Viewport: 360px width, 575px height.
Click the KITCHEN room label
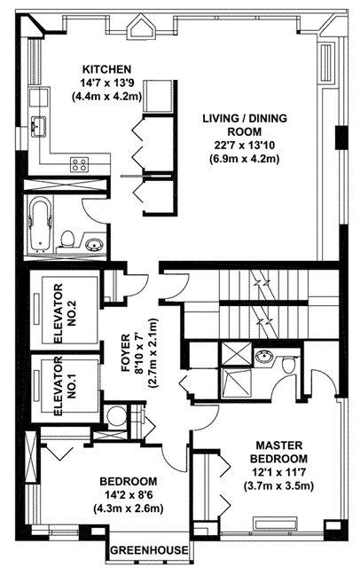(106, 69)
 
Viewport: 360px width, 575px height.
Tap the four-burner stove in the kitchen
(80, 164)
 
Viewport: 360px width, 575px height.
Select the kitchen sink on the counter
(38, 127)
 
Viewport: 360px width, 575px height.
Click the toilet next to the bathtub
(67, 239)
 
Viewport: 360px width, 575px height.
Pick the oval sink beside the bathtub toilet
(94, 243)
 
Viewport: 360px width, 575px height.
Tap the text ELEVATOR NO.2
(64, 313)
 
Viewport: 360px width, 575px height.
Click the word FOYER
(125, 352)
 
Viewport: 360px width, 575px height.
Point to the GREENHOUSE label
(149, 549)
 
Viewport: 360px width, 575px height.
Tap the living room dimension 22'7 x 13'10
(245, 146)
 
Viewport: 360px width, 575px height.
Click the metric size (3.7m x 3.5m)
(278, 486)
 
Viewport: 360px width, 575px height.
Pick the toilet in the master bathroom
(289, 364)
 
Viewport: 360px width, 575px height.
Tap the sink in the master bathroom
(263, 356)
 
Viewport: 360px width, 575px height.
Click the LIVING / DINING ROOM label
(245, 125)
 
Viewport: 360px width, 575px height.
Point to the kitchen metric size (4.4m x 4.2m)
(106, 97)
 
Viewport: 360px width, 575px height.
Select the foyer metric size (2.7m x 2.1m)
(153, 353)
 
